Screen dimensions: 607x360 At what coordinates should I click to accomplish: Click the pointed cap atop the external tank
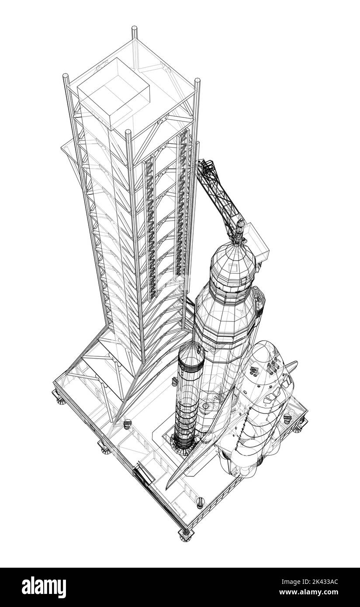coord(239,227)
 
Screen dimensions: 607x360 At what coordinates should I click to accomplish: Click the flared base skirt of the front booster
coord(183,443)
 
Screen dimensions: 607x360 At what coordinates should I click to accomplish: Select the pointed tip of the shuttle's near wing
coord(169,485)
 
